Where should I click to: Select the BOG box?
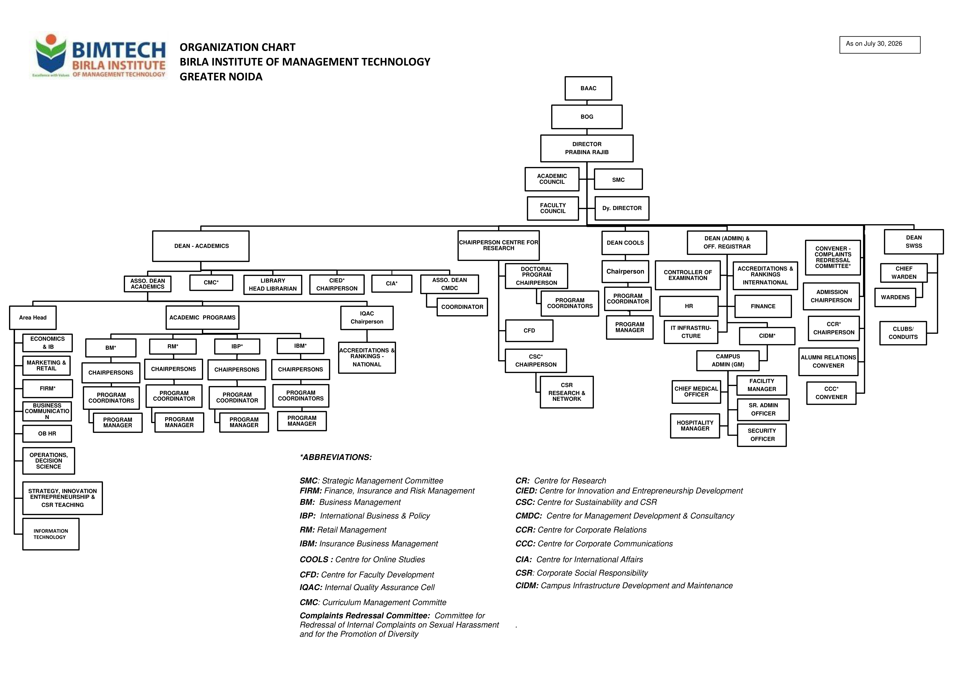pyautogui.click(x=587, y=117)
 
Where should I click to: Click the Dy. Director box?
pyautogui.click(x=622, y=208)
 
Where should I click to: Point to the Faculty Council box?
pyautogui.click(x=553, y=208)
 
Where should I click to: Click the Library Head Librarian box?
pyautogui.click(x=273, y=285)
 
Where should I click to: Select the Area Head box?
pyautogui.click(x=33, y=317)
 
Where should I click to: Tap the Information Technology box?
pyautogui.click(x=51, y=534)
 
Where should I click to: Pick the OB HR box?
pyautogui.click(x=47, y=433)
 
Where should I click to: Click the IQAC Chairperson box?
pyautogui.click(x=367, y=318)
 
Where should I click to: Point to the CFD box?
pyautogui.click(x=529, y=331)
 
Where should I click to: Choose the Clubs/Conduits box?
pyautogui.click(x=903, y=333)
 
